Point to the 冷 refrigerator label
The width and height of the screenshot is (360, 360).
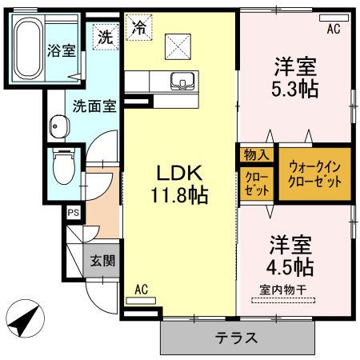138,28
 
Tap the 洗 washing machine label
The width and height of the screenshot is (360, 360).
106,35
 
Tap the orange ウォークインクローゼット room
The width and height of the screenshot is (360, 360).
314,173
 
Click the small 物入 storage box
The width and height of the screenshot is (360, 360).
256,153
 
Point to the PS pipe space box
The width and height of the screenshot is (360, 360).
73,213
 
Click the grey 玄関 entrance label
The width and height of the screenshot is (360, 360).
101,260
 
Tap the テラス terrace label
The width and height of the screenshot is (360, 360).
237,337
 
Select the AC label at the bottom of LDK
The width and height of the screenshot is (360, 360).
142,289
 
